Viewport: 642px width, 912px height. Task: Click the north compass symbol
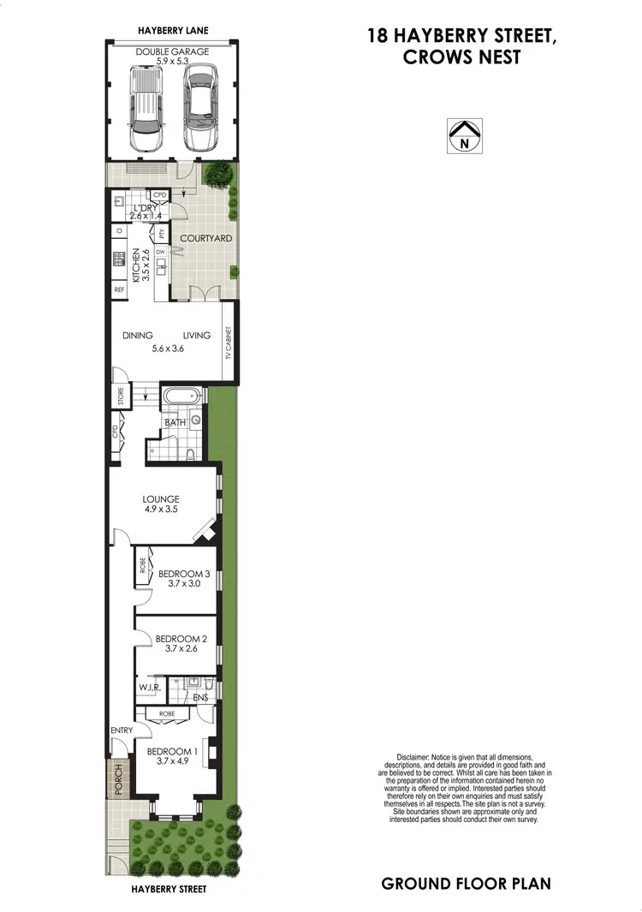[x=464, y=135]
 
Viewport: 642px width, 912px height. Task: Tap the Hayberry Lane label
[x=173, y=31]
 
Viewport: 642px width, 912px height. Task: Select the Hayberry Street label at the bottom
[x=169, y=889]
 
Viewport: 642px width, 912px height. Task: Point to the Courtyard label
[x=205, y=238]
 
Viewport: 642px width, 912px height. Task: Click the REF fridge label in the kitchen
[x=119, y=289]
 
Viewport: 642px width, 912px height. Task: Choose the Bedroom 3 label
[x=182, y=574]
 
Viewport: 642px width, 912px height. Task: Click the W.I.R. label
[x=149, y=688]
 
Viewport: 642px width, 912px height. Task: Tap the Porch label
[x=119, y=778]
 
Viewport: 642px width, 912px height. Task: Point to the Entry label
[x=121, y=730]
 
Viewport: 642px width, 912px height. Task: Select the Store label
[x=121, y=396]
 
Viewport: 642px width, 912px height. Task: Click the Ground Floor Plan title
[x=466, y=883]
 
